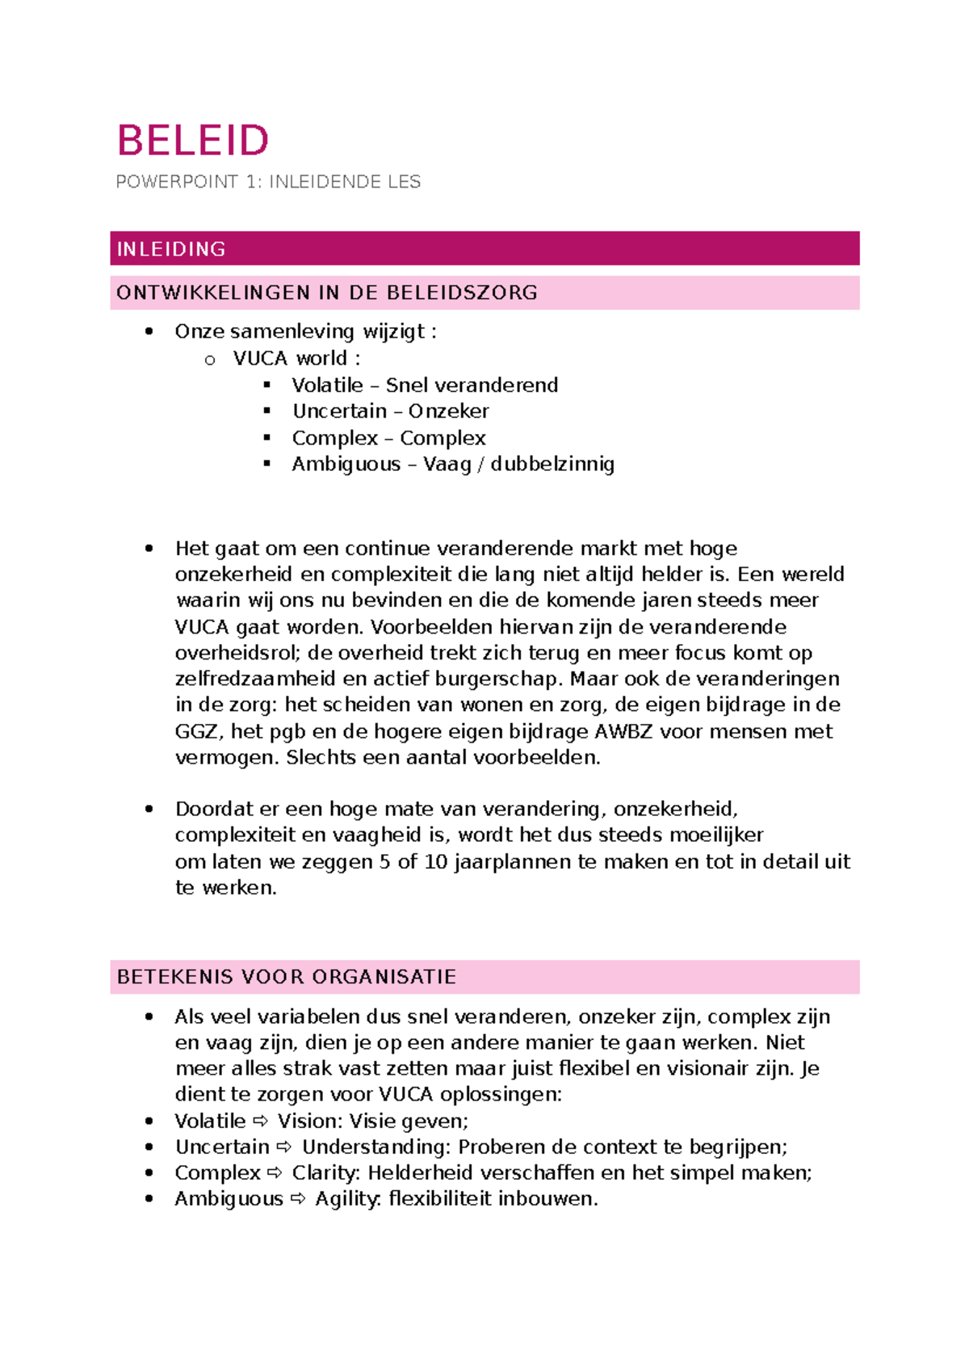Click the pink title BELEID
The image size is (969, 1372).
(192, 141)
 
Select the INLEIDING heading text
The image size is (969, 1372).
(171, 249)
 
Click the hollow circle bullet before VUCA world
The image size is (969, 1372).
(210, 360)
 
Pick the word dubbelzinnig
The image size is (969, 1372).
(552, 464)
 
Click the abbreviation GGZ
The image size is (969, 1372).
(196, 731)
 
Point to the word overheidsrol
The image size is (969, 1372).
(237, 653)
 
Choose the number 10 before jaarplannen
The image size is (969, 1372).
(435, 861)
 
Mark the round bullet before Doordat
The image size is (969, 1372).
(149, 809)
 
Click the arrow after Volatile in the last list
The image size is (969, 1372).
(261, 1121)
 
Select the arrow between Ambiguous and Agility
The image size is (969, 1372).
(298, 1199)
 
